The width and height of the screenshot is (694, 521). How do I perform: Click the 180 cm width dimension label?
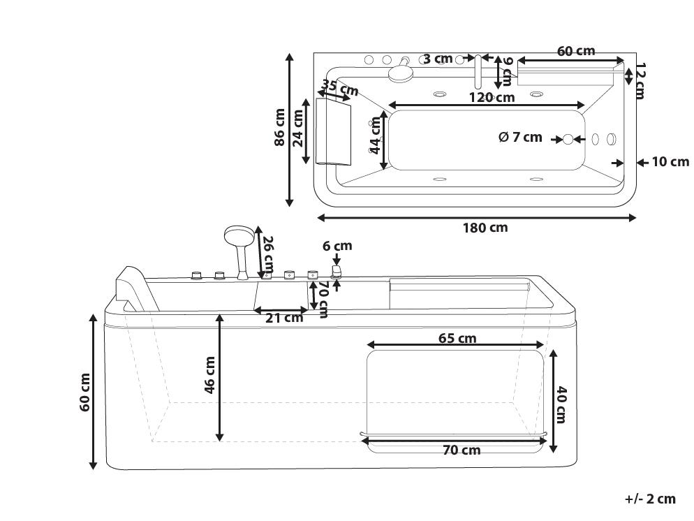click(x=485, y=228)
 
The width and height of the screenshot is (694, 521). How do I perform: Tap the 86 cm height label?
click(x=280, y=128)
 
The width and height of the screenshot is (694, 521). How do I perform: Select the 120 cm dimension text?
click(x=492, y=97)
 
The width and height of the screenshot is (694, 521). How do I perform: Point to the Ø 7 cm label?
click(x=520, y=137)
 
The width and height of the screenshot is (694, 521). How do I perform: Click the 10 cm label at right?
click(x=670, y=162)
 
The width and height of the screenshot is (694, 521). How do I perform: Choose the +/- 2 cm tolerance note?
click(x=650, y=499)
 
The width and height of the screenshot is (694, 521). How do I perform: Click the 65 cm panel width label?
click(x=457, y=339)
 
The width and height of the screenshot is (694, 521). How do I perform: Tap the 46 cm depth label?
click(x=209, y=375)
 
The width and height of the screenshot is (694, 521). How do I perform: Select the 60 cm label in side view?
click(x=85, y=392)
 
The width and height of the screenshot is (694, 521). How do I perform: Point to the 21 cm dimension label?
click(x=284, y=318)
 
